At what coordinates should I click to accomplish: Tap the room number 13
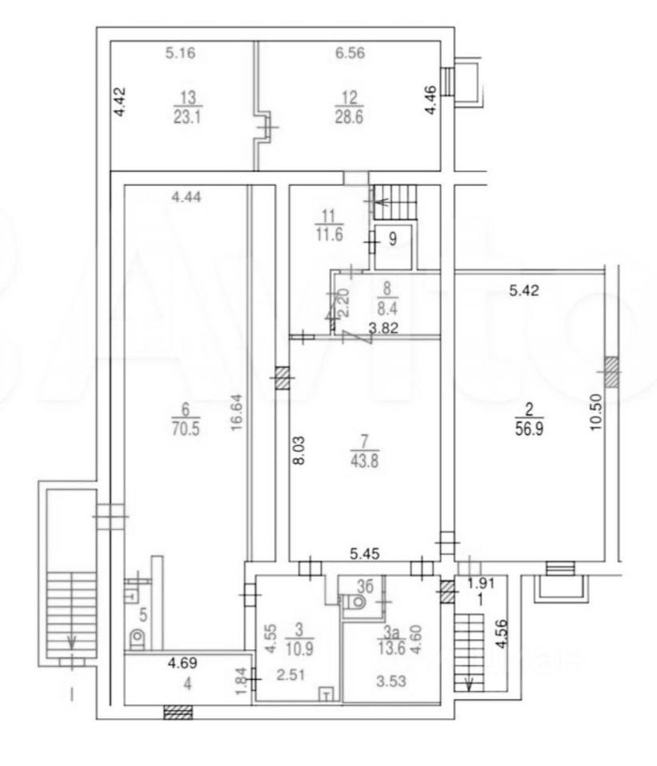click(188, 97)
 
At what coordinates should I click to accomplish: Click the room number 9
click(392, 237)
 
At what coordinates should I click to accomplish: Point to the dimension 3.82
click(384, 327)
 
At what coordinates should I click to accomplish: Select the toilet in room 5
click(137, 638)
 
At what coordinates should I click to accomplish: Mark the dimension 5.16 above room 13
click(180, 54)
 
